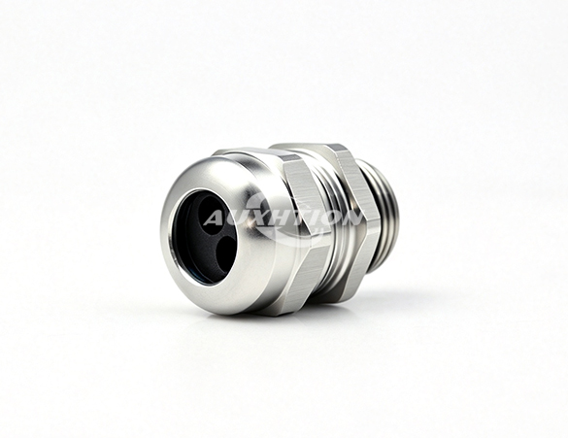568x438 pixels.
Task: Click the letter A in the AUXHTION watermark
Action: [215, 219]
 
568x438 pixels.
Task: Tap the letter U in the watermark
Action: [236, 219]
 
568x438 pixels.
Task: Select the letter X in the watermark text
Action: [255, 219]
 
